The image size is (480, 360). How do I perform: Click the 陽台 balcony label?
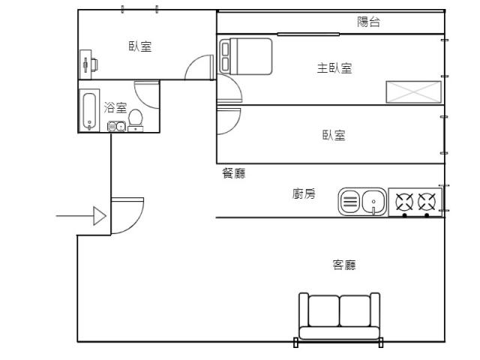(368, 22)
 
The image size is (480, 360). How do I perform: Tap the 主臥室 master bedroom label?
(334, 68)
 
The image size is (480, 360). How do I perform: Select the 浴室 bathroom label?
(115, 107)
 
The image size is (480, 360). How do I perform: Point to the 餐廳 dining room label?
(233, 173)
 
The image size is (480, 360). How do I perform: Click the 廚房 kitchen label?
(303, 193)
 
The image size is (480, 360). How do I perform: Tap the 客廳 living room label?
(344, 265)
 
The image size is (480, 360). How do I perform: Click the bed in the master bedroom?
(246, 56)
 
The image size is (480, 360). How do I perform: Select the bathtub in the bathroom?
(89, 111)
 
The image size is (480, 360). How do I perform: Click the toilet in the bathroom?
(135, 120)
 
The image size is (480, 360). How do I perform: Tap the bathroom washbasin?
(116, 127)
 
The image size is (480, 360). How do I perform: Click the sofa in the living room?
(339, 316)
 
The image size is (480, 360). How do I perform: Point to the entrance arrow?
(81, 216)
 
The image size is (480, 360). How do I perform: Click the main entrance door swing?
(127, 215)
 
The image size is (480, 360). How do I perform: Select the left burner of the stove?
(404, 202)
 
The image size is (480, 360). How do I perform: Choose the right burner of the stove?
(427, 202)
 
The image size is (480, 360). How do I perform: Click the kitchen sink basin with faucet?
(373, 202)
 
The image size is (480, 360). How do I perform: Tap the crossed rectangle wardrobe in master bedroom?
(413, 91)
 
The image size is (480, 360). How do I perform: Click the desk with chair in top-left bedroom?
(88, 64)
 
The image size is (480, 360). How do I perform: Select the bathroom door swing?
(147, 94)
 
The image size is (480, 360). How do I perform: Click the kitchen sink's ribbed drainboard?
(350, 202)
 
